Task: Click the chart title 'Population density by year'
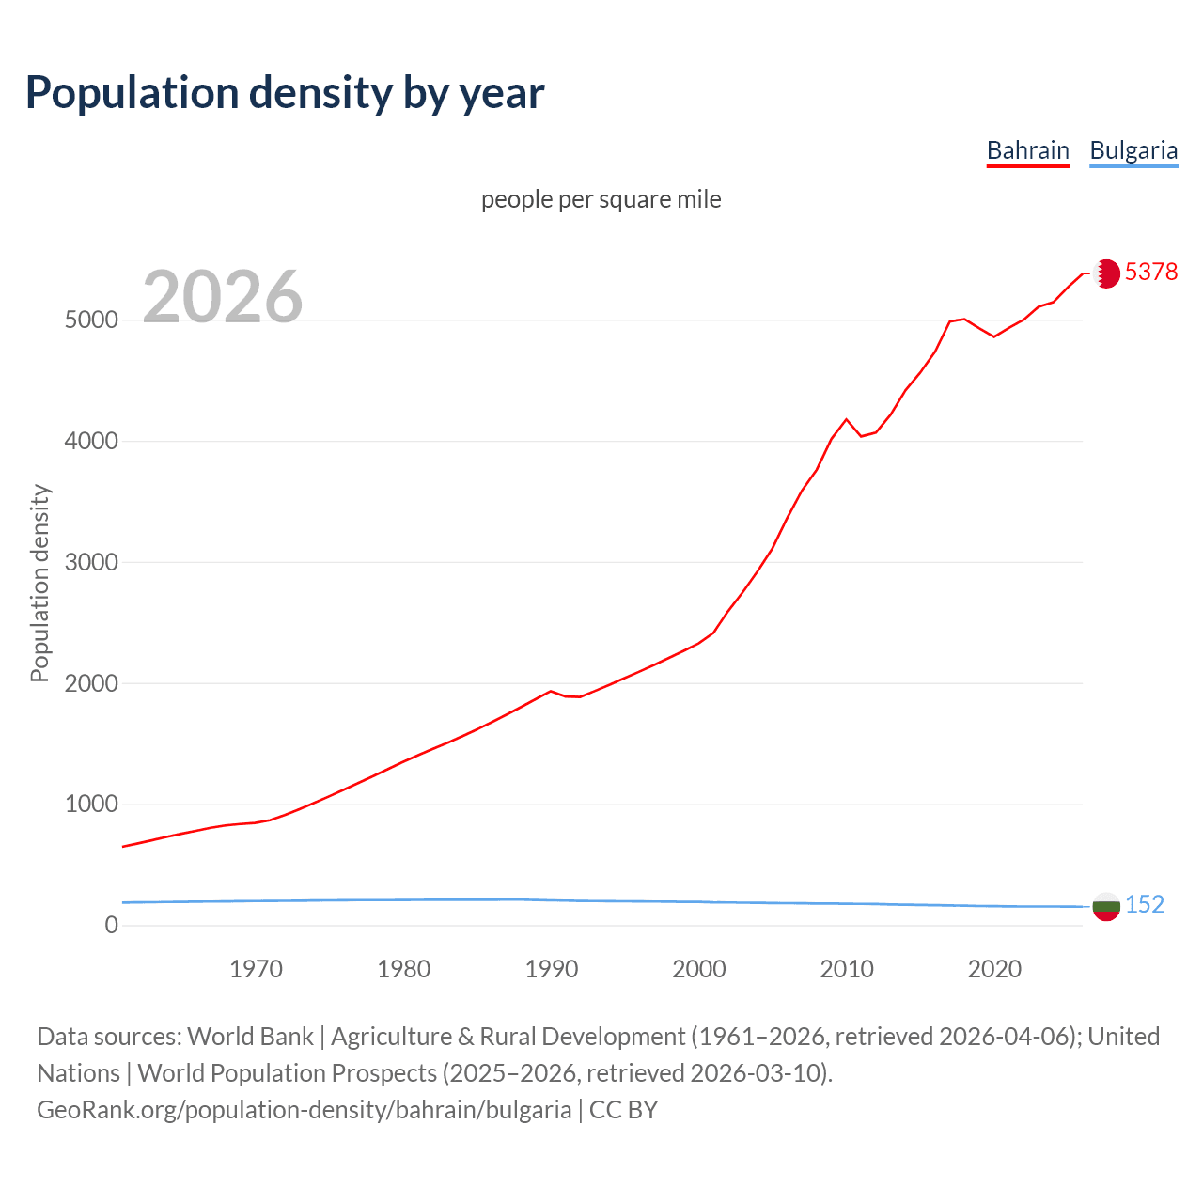285,93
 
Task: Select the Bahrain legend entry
1027,150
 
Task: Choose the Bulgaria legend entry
1133,150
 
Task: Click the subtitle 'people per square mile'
601,199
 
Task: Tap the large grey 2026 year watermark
223,297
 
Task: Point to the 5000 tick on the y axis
91,320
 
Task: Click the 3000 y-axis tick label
91,563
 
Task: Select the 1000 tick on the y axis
91,805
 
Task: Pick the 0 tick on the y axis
112,926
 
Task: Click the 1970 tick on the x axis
256,969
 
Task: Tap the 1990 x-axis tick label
552,969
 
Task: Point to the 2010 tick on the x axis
847,969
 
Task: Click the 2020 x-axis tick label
994,969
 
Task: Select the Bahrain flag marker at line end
1106,273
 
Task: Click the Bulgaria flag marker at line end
1106,907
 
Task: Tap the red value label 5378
1150,272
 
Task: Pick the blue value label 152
1144,904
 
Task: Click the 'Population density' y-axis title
39,583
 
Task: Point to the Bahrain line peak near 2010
846,419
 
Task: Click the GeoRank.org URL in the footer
304,1109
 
